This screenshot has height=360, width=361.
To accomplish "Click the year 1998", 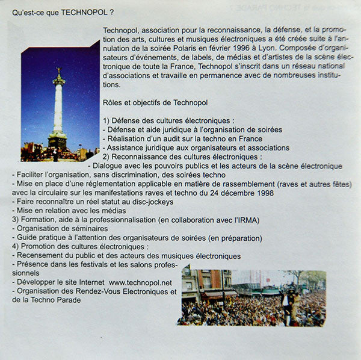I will [261, 193].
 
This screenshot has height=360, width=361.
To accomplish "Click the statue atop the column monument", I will [58, 75].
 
